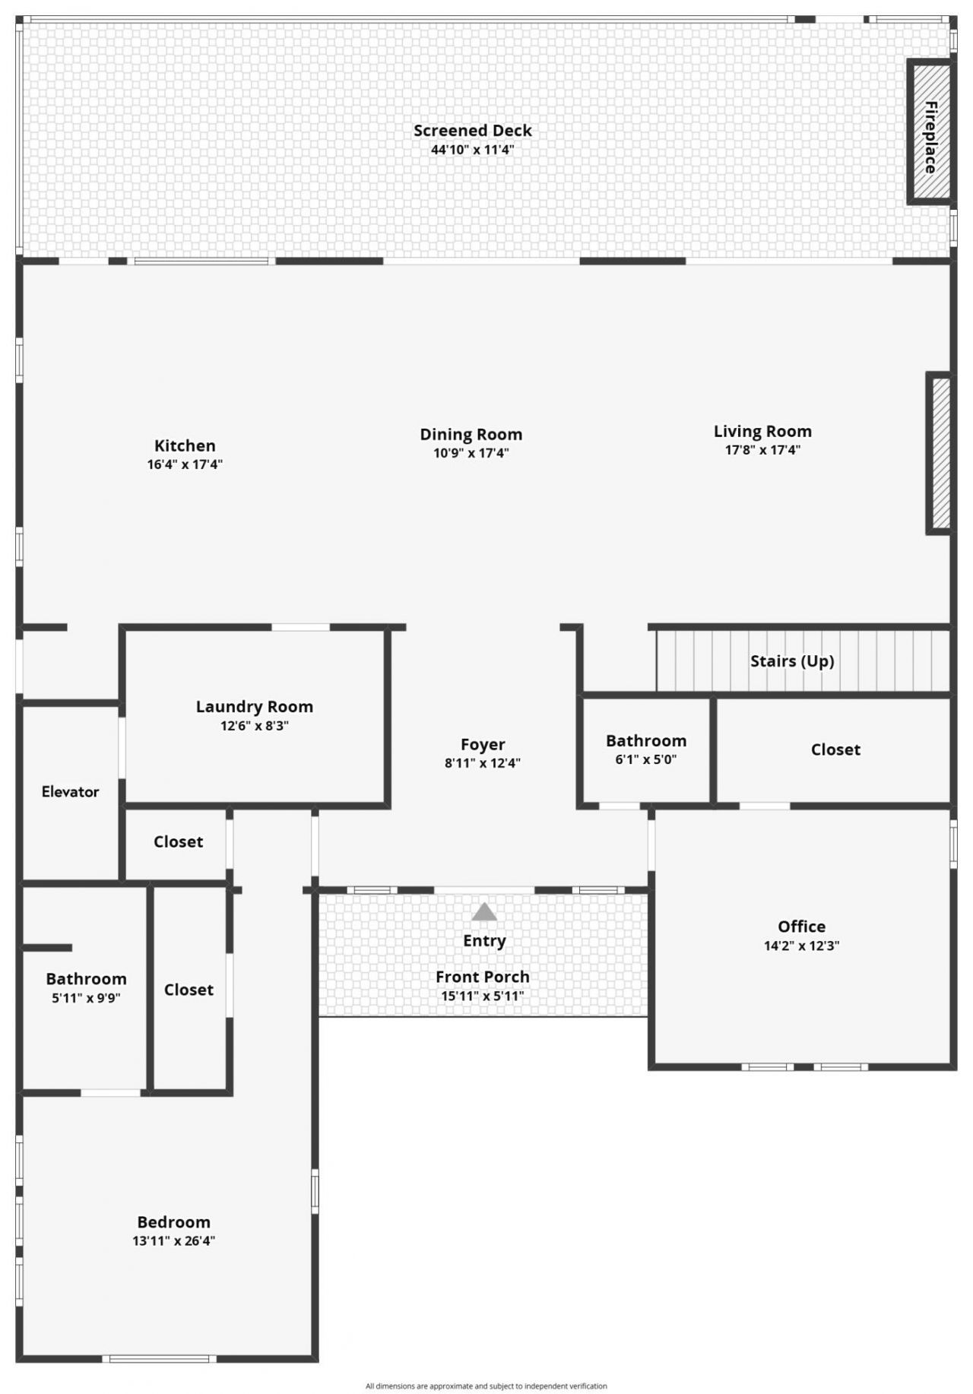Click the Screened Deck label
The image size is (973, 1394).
click(472, 131)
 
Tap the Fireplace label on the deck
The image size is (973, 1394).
click(930, 137)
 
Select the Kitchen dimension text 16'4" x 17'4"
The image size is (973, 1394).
click(185, 464)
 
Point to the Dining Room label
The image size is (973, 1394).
click(471, 435)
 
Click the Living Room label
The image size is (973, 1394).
click(762, 432)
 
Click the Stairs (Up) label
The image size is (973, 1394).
click(792, 661)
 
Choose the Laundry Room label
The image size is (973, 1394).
click(254, 707)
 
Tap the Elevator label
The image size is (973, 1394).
click(70, 792)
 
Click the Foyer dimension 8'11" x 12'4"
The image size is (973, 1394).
click(482, 763)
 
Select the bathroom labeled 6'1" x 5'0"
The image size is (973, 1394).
click(646, 749)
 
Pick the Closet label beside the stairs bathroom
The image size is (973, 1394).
click(835, 750)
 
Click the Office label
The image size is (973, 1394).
click(801, 927)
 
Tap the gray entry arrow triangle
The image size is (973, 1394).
click(484, 912)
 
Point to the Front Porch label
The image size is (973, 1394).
click(482, 977)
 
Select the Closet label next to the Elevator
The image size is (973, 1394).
click(178, 842)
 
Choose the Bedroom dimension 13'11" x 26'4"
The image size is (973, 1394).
click(173, 1241)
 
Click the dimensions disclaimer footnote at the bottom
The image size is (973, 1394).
click(486, 1386)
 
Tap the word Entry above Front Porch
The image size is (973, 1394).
click(484, 941)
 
